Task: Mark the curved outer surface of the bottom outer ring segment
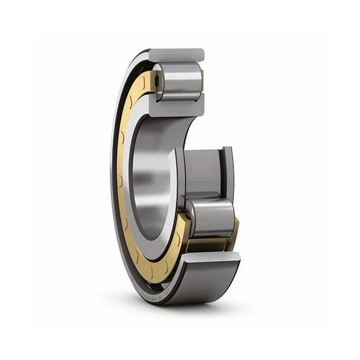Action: (x=204, y=282)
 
